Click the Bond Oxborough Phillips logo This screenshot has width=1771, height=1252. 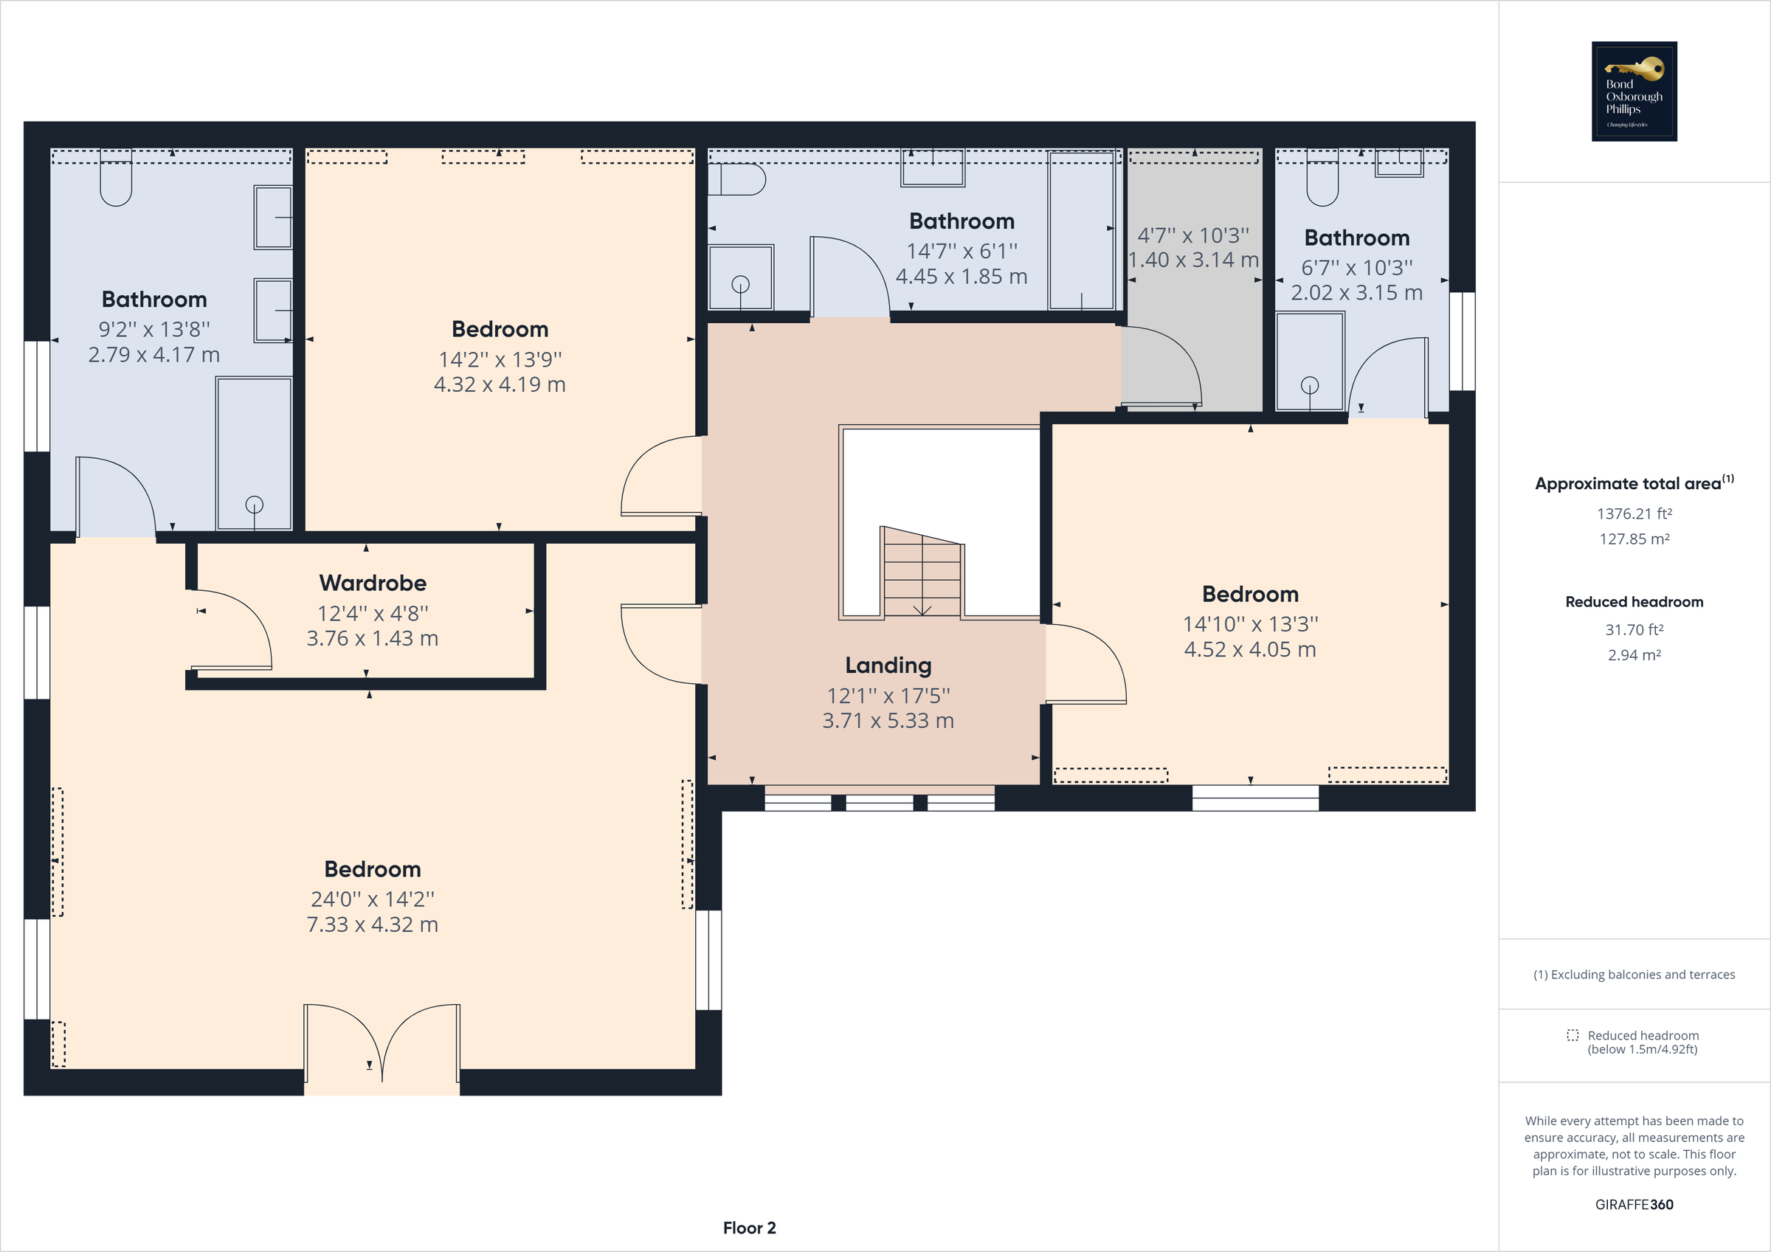(x=1634, y=91)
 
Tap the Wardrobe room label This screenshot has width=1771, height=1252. (x=373, y=583)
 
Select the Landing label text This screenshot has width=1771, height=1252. (x=888, y=665)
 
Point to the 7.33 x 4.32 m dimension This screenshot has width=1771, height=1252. (x=373, y=924)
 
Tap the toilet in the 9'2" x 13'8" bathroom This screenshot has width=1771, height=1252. (x=116, y=181)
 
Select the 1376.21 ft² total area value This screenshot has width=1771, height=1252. (x=1634, y=513)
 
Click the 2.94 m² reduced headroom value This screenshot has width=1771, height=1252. (x=1634, y=655)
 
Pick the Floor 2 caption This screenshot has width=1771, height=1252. (x=749, y=1228)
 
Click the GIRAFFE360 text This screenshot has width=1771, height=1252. (x=1634, y=1204)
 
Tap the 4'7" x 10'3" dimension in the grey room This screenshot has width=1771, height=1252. (x=1193, y=235)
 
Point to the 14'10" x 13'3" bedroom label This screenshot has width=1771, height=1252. (x=1249, y=594)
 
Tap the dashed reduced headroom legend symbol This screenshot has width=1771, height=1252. (x=1572, y=1035)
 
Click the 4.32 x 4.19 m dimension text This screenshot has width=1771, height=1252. (x=500, y=384)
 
